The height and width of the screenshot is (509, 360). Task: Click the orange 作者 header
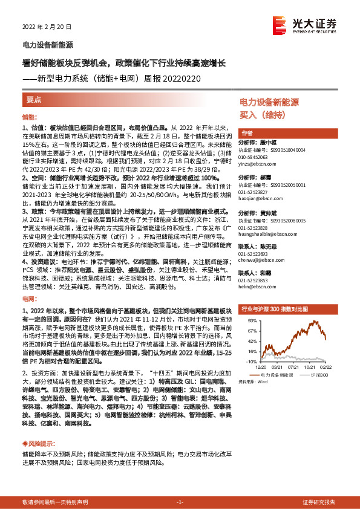[247, 133]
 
